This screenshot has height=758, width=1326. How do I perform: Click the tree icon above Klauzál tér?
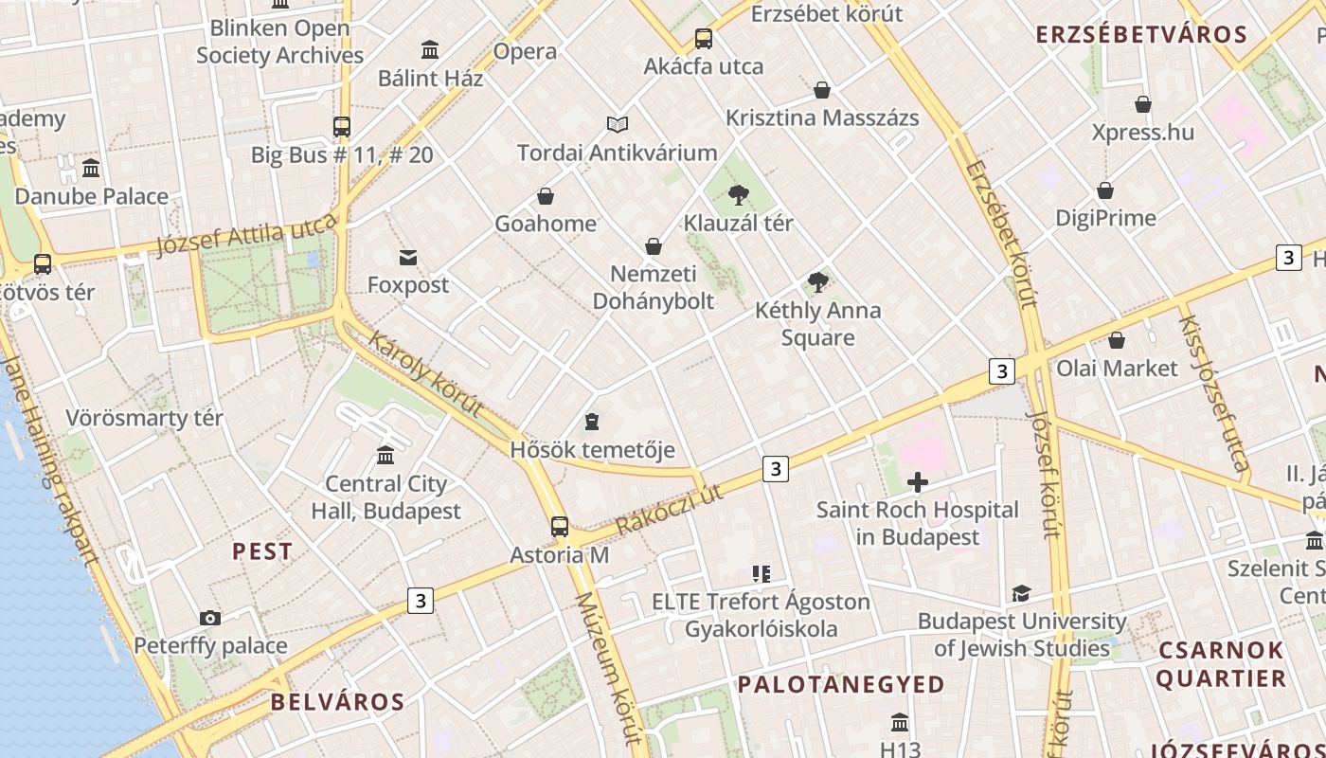click(738, 196)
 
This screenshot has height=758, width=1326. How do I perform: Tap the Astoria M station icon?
click(560, 527)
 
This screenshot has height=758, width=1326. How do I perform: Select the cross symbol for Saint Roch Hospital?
click(917, 483)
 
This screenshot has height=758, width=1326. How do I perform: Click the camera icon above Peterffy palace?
click(210, 619)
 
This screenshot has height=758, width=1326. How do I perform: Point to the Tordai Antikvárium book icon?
click(618, 124)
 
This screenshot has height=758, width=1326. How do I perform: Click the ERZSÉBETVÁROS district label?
click(1140, 35)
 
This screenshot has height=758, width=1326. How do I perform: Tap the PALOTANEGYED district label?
click(841, 684)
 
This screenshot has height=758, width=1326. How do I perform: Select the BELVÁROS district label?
click(337, 702)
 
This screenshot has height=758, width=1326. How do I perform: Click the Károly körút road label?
click(425, 374)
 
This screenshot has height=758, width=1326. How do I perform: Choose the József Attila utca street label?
click(246, 235)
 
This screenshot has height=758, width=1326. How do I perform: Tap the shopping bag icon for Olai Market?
click(1117, 340)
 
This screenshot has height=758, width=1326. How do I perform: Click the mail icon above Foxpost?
click(408, 258)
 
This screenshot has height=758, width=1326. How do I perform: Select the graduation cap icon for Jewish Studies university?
click(1021, 594)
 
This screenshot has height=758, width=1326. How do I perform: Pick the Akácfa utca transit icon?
click(703, 39)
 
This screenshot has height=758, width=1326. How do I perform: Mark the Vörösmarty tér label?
click(144, 418)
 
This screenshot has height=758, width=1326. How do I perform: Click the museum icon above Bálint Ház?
click(430, 50)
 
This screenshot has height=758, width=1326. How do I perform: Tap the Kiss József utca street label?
click(1213, 392)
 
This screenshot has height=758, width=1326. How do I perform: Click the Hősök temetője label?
click(592, 449)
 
